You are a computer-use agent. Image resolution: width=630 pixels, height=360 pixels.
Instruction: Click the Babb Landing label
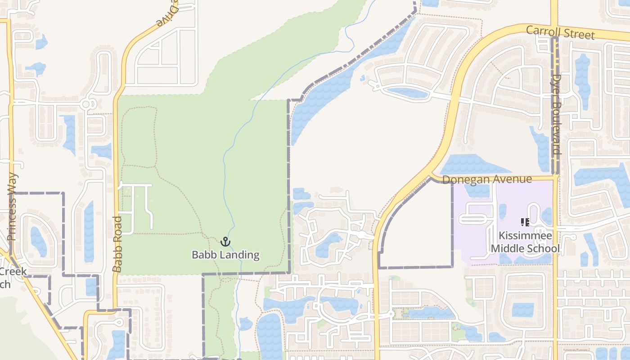225,255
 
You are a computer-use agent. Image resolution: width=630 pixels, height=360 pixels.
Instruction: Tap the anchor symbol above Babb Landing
225,242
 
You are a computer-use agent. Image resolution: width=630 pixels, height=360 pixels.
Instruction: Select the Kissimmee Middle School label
525,242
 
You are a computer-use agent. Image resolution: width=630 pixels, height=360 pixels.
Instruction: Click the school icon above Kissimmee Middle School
525,222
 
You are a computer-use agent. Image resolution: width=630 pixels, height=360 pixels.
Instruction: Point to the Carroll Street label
560,33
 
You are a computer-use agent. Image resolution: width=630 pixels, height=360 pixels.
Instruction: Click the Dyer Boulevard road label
557,114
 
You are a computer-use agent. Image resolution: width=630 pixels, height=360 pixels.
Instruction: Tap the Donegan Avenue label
487,180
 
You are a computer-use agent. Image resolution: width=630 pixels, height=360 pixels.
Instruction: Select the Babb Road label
117,244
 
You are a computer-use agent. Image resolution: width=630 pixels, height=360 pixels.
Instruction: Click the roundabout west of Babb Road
87,104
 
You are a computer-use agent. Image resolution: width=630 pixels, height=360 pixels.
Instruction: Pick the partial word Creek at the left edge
13,272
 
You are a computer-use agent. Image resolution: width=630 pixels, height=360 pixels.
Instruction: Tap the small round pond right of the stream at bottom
246,324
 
